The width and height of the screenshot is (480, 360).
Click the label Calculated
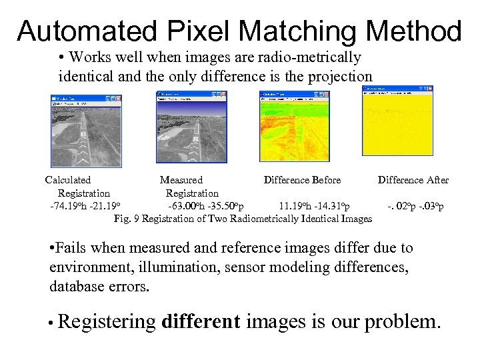click(68, 180)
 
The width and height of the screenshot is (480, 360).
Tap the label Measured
click(181, 180)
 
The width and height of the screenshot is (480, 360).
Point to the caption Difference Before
click(302, 180)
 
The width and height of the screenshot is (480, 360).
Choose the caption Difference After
click(413, 180)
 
